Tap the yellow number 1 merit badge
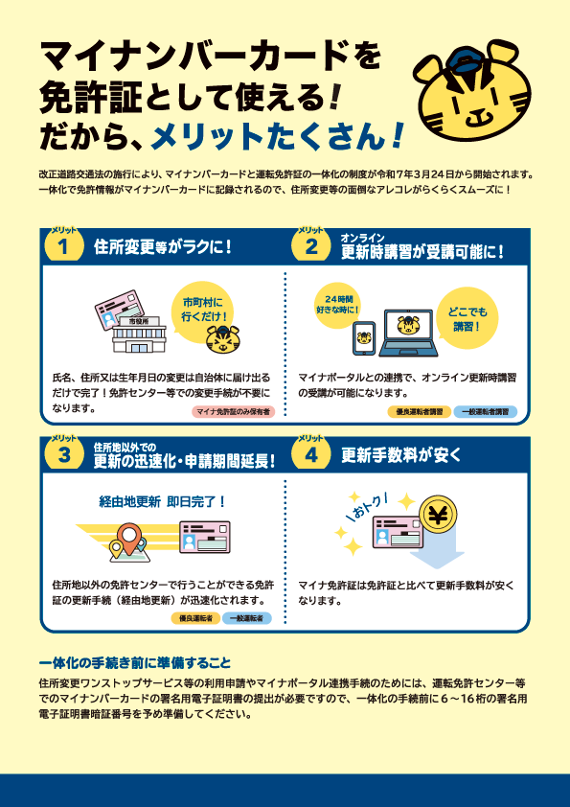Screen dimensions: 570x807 (x=63, y=246)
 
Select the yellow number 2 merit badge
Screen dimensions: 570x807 (x=311, y=246)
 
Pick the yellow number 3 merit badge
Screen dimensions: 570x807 (x=63, y=455)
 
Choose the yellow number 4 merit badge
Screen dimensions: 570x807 (x=311, y=455)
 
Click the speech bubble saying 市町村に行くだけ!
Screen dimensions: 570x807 (x=203, y=310)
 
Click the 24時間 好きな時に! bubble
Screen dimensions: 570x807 (x=337, y=306)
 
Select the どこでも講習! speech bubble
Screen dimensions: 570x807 (x=467, y=318)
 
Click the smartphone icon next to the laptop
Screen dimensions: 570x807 (x=364, y=338)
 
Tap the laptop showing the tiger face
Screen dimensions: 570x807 (x=409, y=333)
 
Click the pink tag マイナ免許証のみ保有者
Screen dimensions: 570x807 (x=233, y=412)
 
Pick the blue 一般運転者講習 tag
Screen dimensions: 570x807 (x=485, y=412)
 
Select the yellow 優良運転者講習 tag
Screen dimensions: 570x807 (x=420, y=412)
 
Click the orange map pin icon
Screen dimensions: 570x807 (x=127, y=538)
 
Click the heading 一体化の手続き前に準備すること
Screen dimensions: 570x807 (x=135, y=662)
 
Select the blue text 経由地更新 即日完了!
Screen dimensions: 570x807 (x=162, y=502)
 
